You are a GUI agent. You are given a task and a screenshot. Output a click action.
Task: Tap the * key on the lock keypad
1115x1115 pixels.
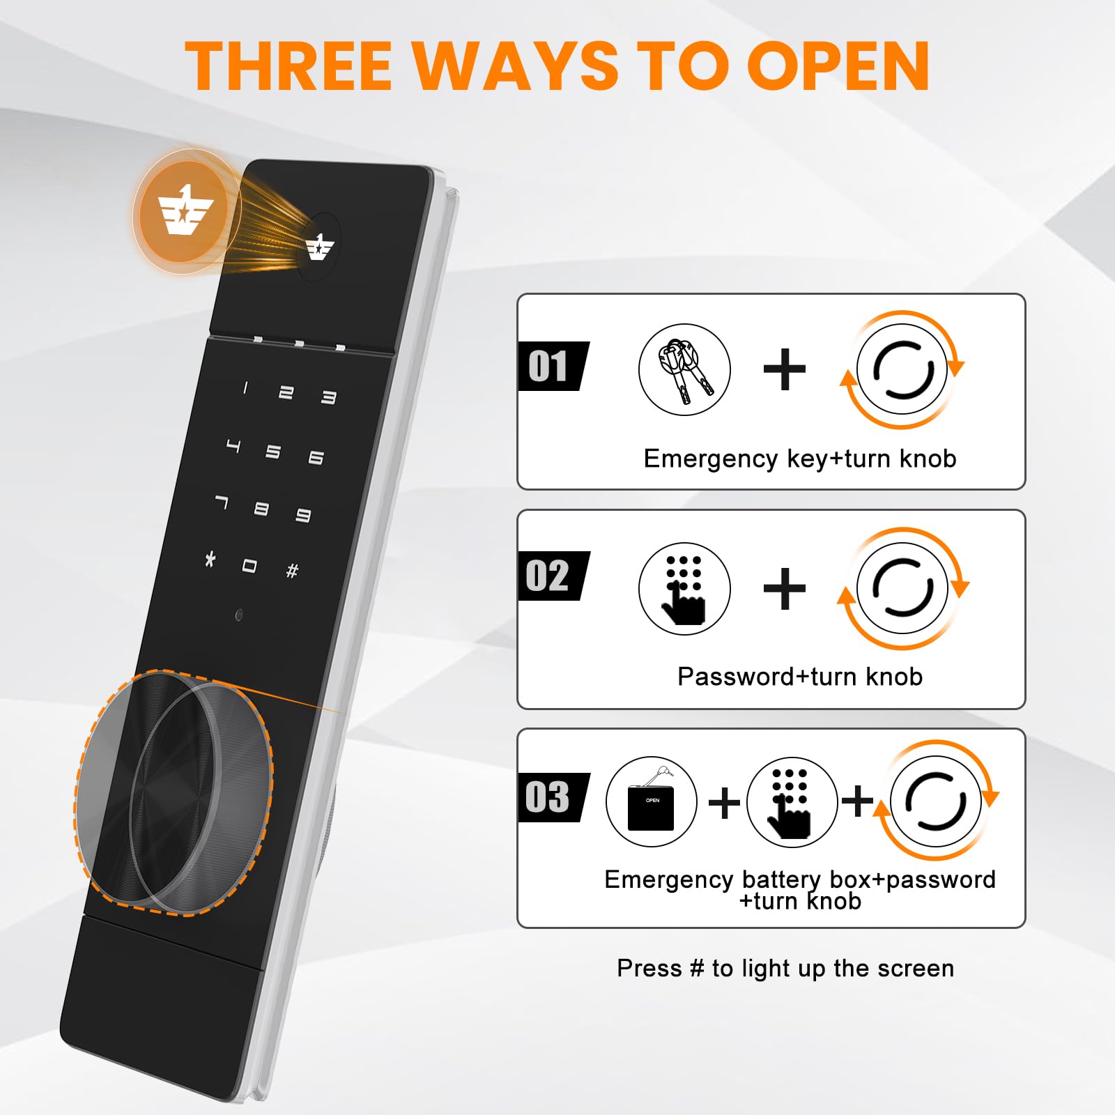[210, 558]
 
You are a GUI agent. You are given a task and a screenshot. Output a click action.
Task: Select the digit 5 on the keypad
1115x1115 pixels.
[273, 452]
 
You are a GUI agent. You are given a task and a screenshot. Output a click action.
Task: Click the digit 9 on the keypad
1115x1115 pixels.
[303, 515]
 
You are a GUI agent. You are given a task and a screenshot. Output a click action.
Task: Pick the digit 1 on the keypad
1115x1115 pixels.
[245, 388]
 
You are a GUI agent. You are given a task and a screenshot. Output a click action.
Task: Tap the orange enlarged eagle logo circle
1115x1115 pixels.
[183, 211]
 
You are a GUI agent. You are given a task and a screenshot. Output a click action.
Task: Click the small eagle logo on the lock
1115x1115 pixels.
[320, 247]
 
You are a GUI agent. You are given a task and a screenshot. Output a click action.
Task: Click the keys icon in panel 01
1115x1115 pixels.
[684, 369]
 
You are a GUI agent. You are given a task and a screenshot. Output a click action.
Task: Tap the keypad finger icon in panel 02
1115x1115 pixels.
[684, 589]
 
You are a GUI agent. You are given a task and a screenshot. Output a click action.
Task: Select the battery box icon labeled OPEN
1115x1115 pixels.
[652, 801]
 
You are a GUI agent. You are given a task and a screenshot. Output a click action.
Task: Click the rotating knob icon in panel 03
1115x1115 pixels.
[937, 801]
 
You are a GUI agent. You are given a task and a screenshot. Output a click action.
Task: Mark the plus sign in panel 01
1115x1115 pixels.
[785, 369]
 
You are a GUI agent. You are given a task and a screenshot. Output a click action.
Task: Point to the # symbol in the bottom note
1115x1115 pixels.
[697, 968]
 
